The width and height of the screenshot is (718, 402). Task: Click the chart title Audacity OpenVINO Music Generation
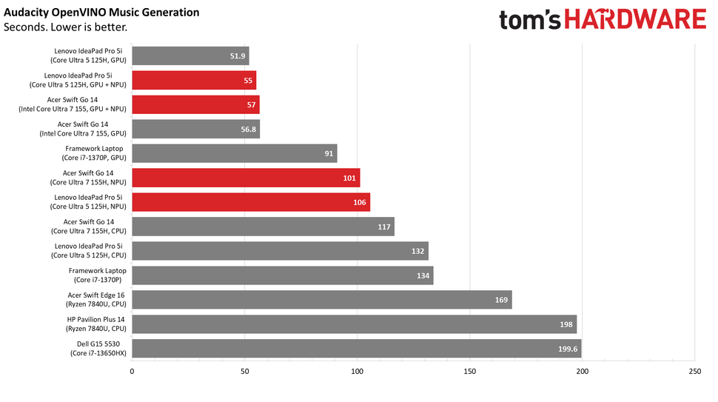tap(101, 13)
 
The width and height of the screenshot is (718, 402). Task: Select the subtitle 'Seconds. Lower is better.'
tap(65, 27)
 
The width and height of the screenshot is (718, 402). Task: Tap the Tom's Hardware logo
tap(602, 20)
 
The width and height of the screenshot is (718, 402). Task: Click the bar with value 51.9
tap(190, 56)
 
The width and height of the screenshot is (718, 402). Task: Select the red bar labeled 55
tap(194, 80)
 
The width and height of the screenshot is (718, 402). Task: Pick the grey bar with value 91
tap(235, 153)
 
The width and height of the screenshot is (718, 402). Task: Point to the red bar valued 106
tap(251, 202)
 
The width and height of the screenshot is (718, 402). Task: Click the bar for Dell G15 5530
tap(357, 349)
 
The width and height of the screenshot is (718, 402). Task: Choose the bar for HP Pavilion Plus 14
tap(354, 324)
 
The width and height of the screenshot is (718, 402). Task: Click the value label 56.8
tap(248, 129)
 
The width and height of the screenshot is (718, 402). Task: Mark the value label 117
tap(384, 227)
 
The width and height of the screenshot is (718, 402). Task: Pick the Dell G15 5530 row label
tap(94, 349)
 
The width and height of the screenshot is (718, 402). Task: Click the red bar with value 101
tap(246, 178)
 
